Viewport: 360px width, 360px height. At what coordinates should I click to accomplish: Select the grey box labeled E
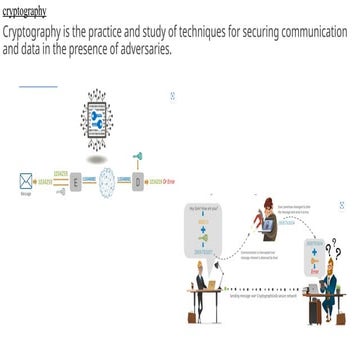(76, 181)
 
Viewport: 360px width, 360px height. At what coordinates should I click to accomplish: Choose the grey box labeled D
(138, 181)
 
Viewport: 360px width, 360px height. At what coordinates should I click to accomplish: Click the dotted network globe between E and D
(107, 181)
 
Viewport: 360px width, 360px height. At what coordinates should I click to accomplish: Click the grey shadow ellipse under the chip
(98, 159)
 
